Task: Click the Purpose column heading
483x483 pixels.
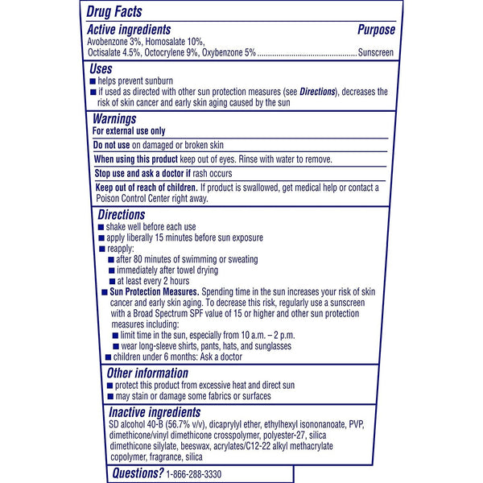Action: point(376,30)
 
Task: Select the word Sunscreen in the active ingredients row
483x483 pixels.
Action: point(377,53)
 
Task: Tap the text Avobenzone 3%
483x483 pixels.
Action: point(120,42)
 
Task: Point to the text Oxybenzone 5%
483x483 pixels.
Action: point(229,53)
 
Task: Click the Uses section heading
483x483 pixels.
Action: point(103,70)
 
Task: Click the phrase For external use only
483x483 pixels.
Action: point(129,130)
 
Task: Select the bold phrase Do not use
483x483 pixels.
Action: point(111,145)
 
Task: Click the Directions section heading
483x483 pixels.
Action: point(121,215)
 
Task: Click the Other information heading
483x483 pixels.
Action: point(148,374)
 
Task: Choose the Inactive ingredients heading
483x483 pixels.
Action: point(155,413)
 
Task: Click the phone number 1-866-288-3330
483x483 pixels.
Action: point(201,473)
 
